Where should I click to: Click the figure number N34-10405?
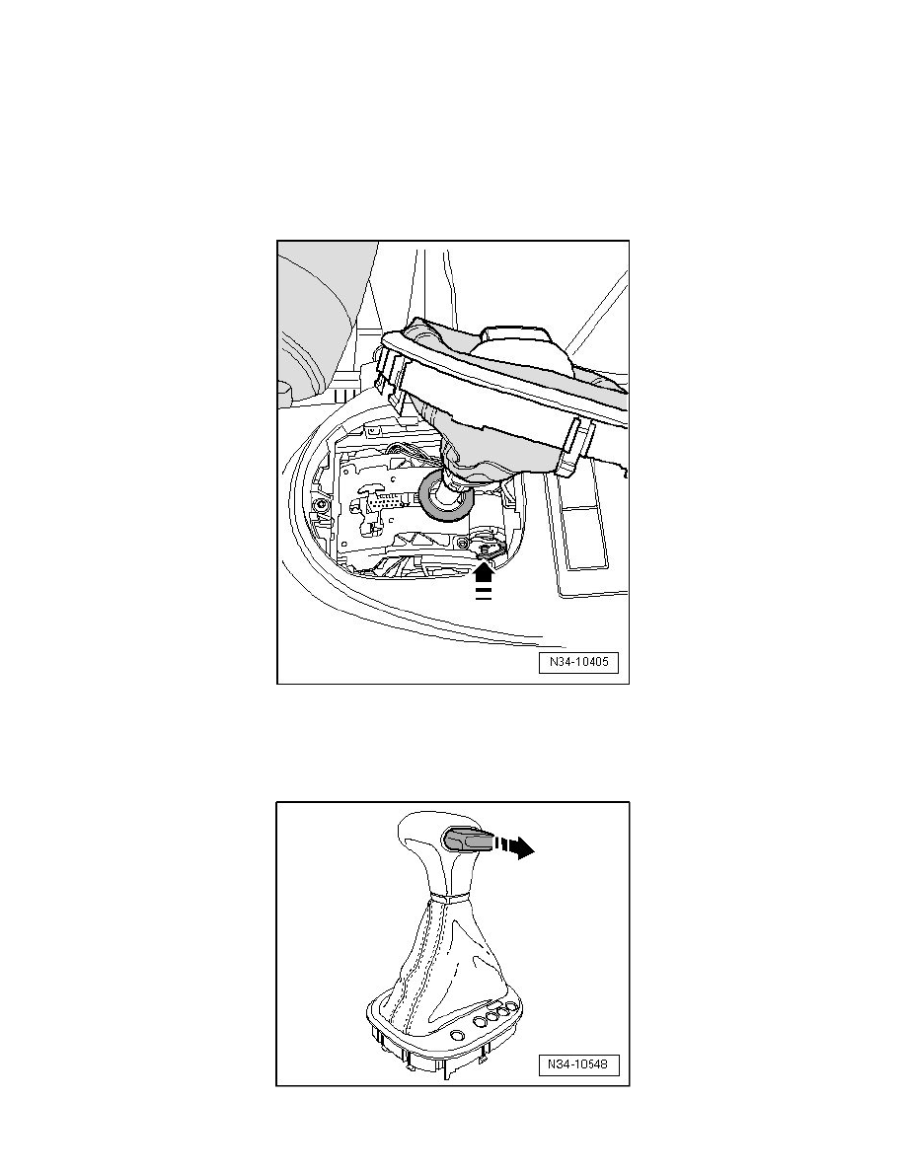click(x=578, y=662)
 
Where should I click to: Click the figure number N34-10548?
click(x=578, y=1064)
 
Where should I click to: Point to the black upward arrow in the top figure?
click(x=484, y=572)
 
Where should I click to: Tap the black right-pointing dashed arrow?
click(x=513, y=845)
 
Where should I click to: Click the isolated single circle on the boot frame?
click(x=458, y=1036)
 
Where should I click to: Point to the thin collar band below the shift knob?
click(x=448, y=898)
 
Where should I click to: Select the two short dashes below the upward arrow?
click(x=484, y=594)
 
